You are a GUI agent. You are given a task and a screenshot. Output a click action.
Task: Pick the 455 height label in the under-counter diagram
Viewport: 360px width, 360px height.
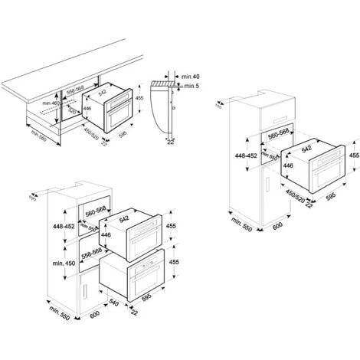pyautogui.click(x=141, y=98)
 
